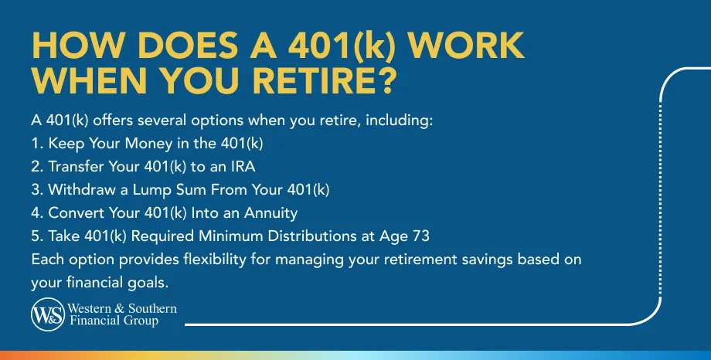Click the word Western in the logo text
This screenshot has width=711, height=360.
pyautogui.click(x=95, y=309)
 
